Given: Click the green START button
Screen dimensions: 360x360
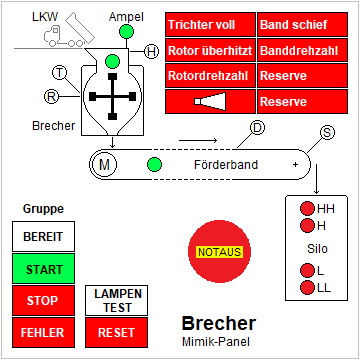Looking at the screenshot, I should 43,269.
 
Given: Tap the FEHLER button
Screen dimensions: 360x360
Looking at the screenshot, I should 43,331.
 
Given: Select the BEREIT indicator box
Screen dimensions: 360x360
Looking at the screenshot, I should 43,237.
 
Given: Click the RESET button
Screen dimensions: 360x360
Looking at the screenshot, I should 119,331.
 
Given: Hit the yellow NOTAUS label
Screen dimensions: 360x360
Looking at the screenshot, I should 219,252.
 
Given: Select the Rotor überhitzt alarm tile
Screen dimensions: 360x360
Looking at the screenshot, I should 210,50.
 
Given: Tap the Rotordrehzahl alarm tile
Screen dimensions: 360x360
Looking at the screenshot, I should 210,75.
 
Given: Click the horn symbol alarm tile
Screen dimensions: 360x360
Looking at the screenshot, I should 210,101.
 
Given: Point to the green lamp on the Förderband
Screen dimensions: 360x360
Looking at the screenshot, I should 154,164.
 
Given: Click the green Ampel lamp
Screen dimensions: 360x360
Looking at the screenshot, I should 126,33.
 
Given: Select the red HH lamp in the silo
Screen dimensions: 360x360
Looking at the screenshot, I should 307,209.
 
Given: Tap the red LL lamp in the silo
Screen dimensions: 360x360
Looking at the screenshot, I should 307,288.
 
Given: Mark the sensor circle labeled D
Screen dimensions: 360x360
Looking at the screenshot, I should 257,127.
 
